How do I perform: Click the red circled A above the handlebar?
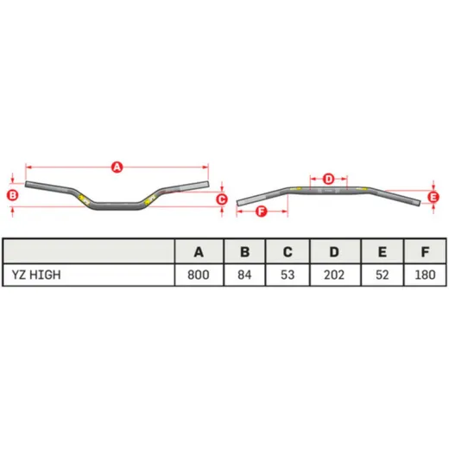(x=117, y=168)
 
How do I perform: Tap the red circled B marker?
(x=13, y=195)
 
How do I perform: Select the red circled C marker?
(x=222, y=199)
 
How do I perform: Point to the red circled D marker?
(x=328, y=179)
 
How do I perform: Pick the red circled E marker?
(x=433, y=198)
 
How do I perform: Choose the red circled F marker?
(x=262, y=212)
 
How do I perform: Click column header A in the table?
(x=199, y=252)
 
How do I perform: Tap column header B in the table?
(x=244, y=252)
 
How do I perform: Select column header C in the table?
(x=288, y=252)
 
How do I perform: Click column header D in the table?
(x=334, y=252)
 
